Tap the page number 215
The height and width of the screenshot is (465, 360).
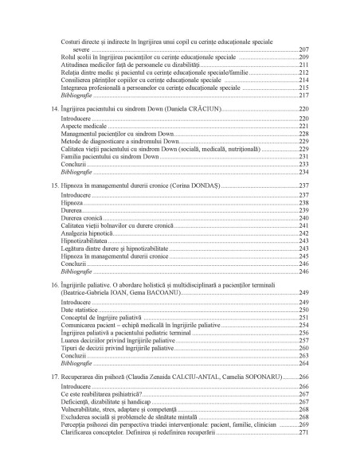click(x=303, y=88)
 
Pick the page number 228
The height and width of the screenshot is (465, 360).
click(x=303, y=134)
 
